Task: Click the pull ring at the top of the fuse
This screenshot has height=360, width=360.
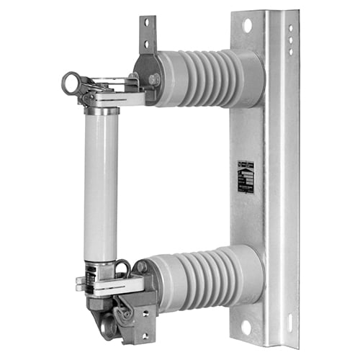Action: pos(70,82)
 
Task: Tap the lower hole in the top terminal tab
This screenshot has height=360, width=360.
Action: pos(147,43)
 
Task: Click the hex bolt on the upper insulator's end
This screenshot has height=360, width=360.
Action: pos(153,79)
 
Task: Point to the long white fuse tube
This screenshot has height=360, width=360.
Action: pos(100,187)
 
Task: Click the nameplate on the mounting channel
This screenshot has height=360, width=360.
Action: pos(246,176)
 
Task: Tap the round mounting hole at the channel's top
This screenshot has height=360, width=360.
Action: pos(247,26)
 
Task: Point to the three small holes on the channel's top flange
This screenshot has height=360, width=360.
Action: pos(290,40)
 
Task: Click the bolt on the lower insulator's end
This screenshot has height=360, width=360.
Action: pos(142,267)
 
